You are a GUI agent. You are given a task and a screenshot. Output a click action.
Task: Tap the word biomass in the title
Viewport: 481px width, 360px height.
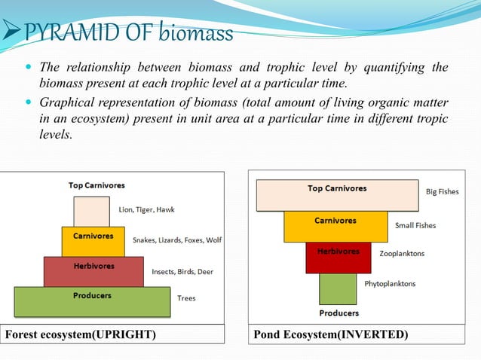click(195, 33)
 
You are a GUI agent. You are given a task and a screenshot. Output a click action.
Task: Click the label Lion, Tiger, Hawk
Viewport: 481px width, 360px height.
click(147, 209)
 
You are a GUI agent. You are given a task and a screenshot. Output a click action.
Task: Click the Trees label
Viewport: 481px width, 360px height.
click(186, 298)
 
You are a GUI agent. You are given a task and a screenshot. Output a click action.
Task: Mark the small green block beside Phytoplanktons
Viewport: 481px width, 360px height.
click(338, 288)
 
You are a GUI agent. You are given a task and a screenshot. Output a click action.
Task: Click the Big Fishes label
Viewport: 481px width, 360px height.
click(442, 192)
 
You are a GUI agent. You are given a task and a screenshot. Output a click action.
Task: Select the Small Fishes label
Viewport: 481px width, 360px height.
click(415, 225)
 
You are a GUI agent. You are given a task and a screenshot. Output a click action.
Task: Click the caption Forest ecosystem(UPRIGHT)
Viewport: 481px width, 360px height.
click(81, 334)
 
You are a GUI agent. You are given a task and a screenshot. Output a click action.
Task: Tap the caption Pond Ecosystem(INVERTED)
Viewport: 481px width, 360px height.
click(330, 334)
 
